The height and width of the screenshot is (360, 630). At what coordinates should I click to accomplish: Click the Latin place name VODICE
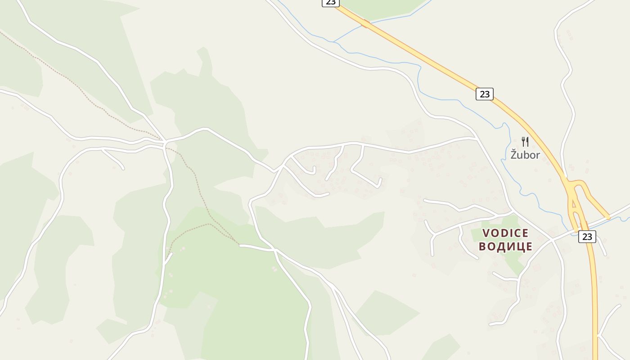505,233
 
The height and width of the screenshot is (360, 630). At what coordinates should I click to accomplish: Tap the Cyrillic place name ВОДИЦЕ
505,247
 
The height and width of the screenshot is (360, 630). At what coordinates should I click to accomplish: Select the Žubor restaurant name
525,155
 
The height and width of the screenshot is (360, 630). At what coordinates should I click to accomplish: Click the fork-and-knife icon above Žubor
525,141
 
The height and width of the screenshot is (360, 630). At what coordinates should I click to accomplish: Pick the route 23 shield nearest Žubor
484,94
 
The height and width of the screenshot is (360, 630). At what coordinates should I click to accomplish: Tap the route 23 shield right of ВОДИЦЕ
587,237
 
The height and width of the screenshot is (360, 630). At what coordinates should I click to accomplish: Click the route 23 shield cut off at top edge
330,3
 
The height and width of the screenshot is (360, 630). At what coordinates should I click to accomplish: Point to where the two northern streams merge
333,42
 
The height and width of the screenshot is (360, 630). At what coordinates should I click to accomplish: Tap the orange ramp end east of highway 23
608,217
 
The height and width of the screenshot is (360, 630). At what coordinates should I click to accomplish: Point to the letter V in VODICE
486,233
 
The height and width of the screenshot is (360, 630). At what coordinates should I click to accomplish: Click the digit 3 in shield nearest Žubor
487,94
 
